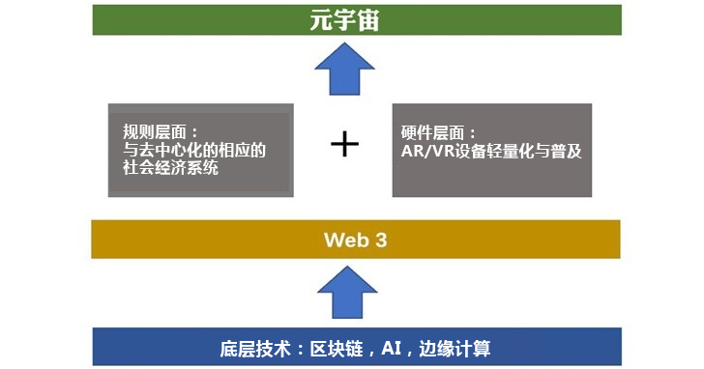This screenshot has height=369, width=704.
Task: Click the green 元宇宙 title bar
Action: [193, 20]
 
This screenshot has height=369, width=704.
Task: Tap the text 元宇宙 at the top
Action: [344, 19]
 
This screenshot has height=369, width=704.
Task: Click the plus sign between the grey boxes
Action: [344, 145]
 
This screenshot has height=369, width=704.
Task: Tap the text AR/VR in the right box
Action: [425, 152]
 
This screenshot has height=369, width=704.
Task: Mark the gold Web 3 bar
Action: [193, 240]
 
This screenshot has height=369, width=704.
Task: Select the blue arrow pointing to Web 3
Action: [344, 293]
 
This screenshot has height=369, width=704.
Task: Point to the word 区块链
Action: [349, 348]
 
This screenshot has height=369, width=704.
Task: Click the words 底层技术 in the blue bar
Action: [253, 348]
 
